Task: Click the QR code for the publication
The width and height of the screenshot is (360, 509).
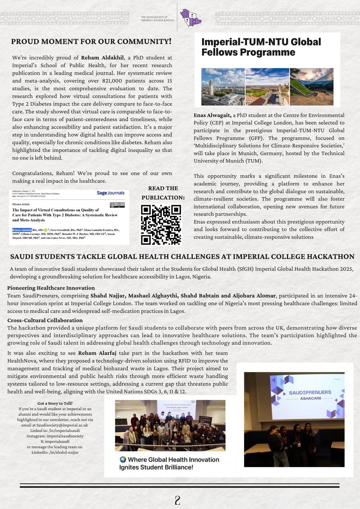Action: [161, 224]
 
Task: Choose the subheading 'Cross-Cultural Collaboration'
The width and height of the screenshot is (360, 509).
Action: [45, 320]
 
